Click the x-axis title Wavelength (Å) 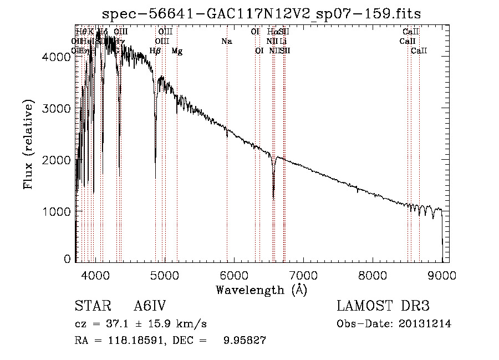coord(261,290)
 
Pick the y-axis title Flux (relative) coord(28,144)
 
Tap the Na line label coord(226,41)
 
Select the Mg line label coord(177,51)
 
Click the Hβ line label coord(156,51)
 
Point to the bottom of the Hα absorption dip coord(273,197)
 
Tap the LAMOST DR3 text coord(383,306)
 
